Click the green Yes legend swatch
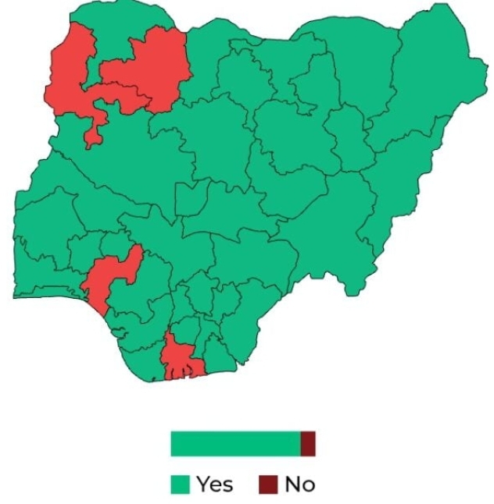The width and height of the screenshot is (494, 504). coord(181,484)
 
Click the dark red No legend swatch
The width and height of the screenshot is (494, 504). coord(269,484)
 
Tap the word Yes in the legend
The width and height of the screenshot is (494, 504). coord(214,484)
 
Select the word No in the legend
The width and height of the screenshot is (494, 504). coord(299,484)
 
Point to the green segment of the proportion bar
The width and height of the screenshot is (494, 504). coord(234,443)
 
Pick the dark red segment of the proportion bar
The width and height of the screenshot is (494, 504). coord(308,443)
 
